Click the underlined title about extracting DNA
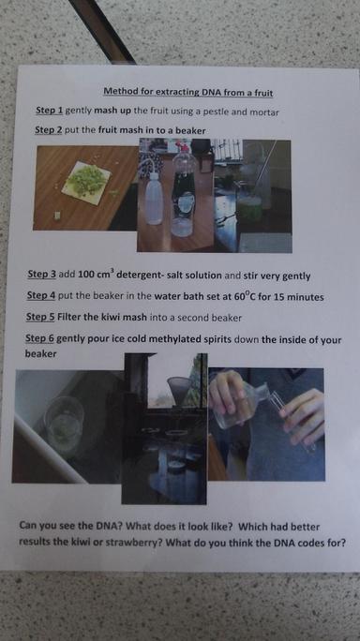point(187,92)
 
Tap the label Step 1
point(50,111)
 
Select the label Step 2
point(49,130)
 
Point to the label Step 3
point(42,274)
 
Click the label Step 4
point(41,295)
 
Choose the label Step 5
point(40,317)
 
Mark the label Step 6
point(39,338)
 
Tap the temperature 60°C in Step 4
point(245,296)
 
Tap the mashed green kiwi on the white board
point(87,180)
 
